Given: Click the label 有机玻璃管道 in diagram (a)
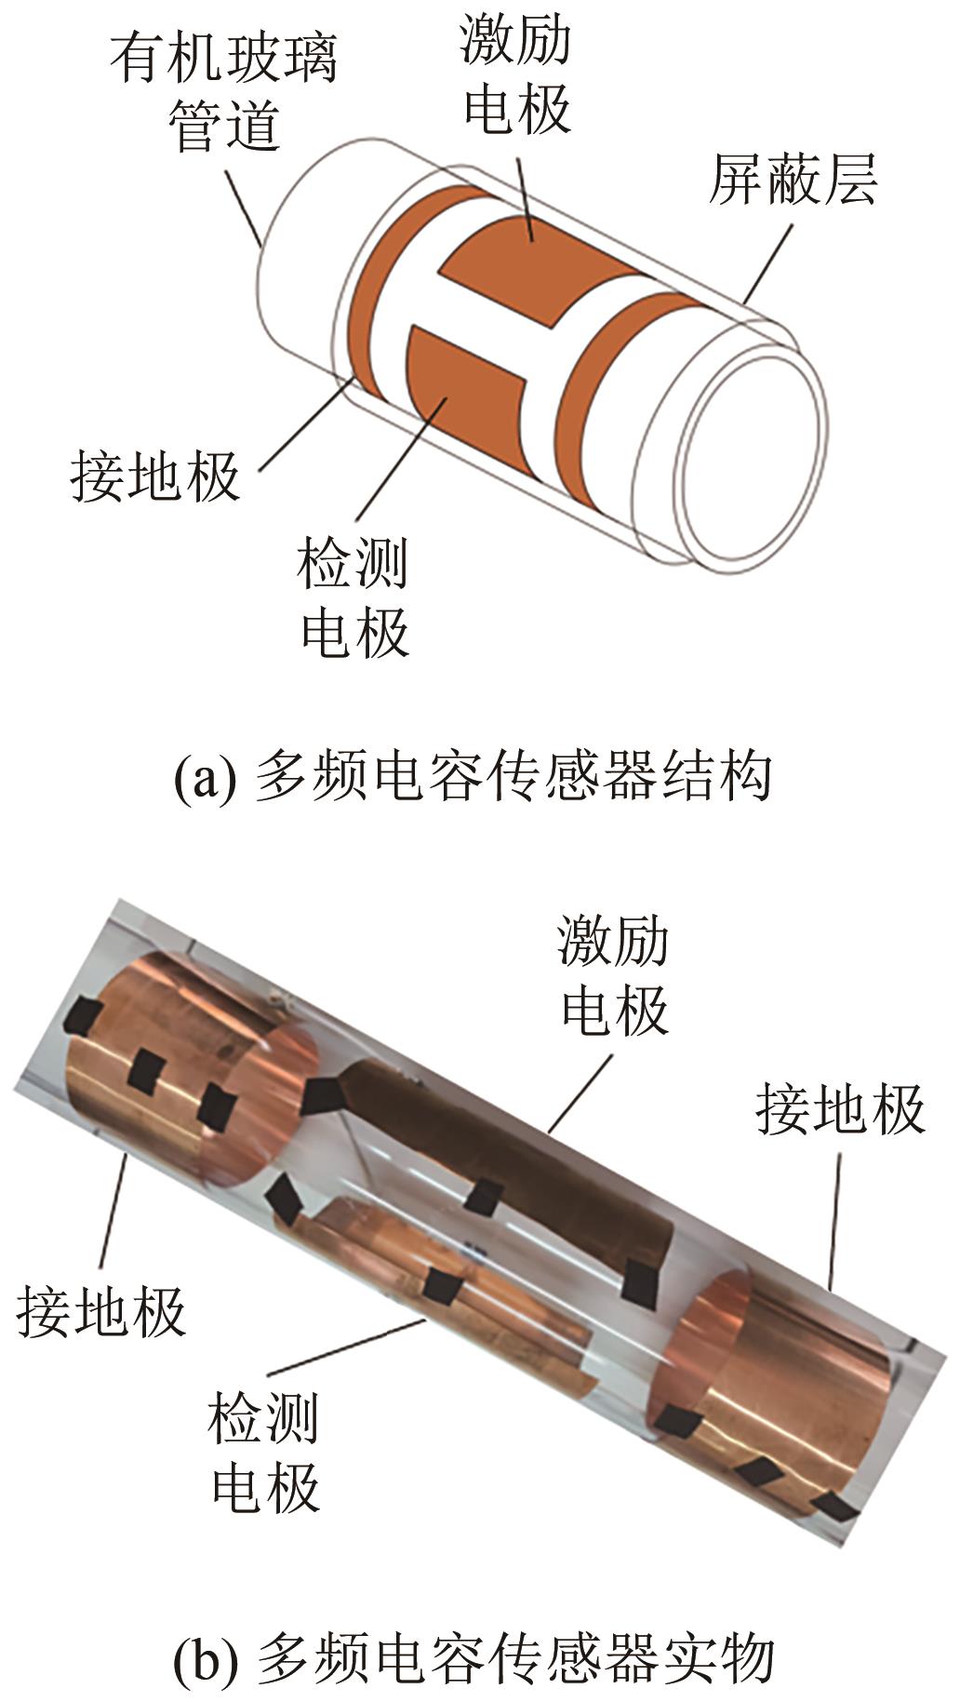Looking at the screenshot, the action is (x=224, y=92).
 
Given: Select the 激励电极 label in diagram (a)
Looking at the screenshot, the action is (x=516, y=74).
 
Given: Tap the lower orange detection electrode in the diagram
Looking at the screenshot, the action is (x=465, y=395).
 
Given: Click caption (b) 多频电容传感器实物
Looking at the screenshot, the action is (x=474, y=1657).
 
